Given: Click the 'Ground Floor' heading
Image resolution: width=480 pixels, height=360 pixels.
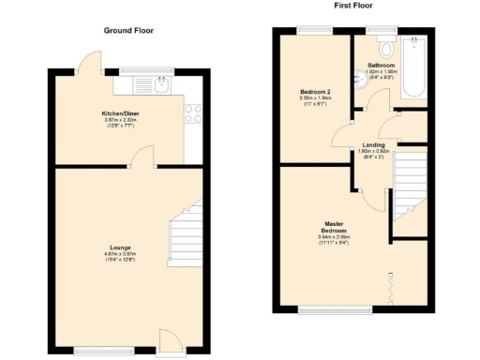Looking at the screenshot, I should tap(128, 30).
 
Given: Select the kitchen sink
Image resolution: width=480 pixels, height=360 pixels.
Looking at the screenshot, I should tap(161, 85).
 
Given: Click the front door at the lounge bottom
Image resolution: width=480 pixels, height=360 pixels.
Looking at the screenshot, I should tap(169, 341).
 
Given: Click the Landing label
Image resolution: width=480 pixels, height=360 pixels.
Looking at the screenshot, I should tap(374, 144).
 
